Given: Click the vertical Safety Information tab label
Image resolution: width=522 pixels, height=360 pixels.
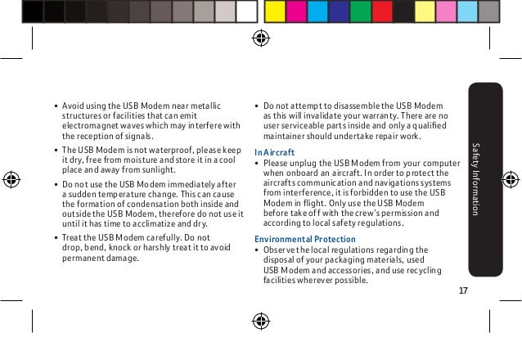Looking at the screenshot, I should point(475,179).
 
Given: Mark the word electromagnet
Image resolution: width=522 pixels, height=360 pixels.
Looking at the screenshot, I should point(91,125).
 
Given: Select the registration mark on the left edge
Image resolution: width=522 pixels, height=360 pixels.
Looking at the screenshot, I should point(11,179).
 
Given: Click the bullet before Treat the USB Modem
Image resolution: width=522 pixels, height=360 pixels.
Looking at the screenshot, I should point(54,237).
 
